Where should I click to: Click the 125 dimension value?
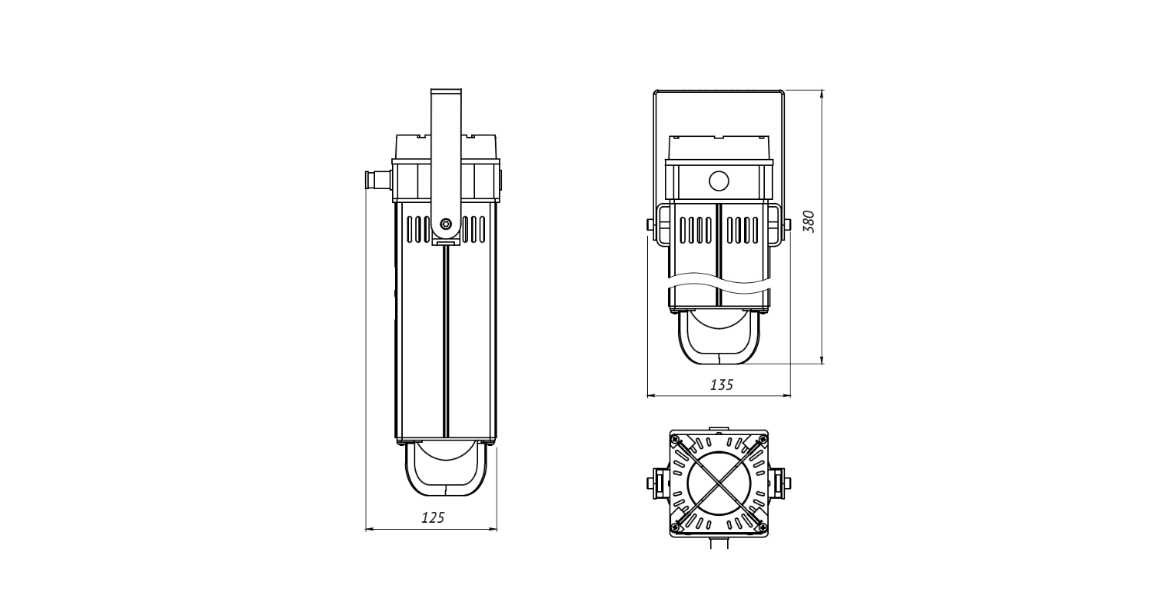coord(433,517)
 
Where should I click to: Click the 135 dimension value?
coord(722,385)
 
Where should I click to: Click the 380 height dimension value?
coord(809,221)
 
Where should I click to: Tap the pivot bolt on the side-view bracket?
coord(446,224)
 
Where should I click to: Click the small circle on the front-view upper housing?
coord(719,181)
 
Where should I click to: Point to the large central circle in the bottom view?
coord(719,484)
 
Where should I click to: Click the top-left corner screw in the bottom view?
coord(676,439)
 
